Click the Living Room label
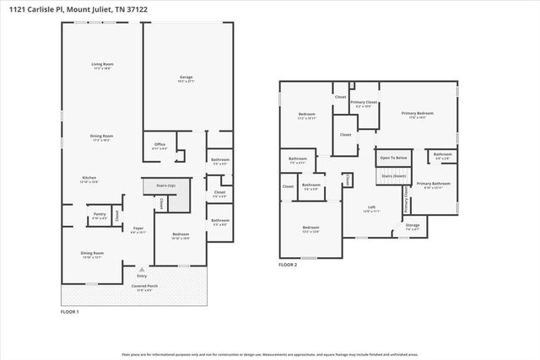[x=103, y=64]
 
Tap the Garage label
[x=186, y=78]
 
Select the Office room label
[x=159, y=144]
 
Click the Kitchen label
[x=89, y=178]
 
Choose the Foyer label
[x=138, y=228]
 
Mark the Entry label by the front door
[x=142, y=275]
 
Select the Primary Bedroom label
[x=418, y=113]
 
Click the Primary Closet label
[x=364, y=102]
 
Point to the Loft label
[x=371, y=208]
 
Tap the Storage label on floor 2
[x=412, y=225]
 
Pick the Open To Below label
[x=393, y=158]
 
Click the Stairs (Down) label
[x=394, y=175]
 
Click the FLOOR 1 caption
[x=69, y=312]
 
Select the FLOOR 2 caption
[x=288, y=265]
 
